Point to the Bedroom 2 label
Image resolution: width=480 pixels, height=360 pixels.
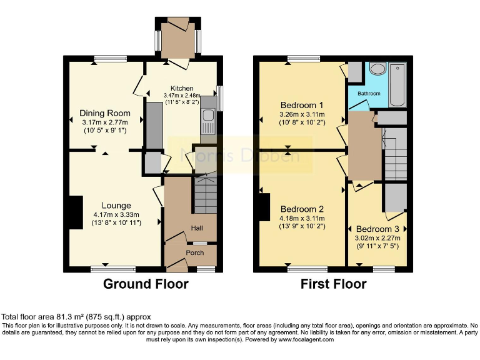pyautogui.click(x=301, y=209)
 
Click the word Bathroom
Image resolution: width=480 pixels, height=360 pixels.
pyautogui.click(x=369, y=94)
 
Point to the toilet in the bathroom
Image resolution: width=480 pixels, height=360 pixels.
pyautogui.click(x=377, y=69)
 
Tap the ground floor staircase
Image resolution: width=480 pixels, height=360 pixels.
pyautogui.click(x=205, y=194)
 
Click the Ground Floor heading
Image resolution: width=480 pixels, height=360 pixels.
pyautogui.click(x=146, y=284)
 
